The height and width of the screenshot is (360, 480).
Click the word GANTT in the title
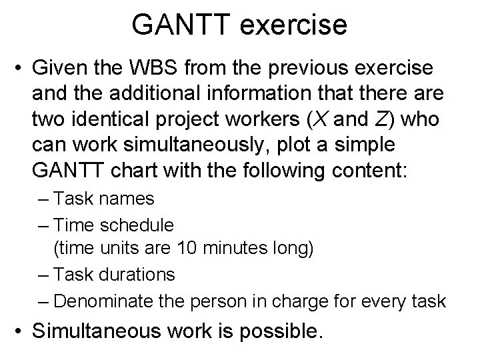tap(175, 25)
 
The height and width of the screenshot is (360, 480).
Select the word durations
tap(133, 275)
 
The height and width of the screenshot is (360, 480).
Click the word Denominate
tap(101, 301)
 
